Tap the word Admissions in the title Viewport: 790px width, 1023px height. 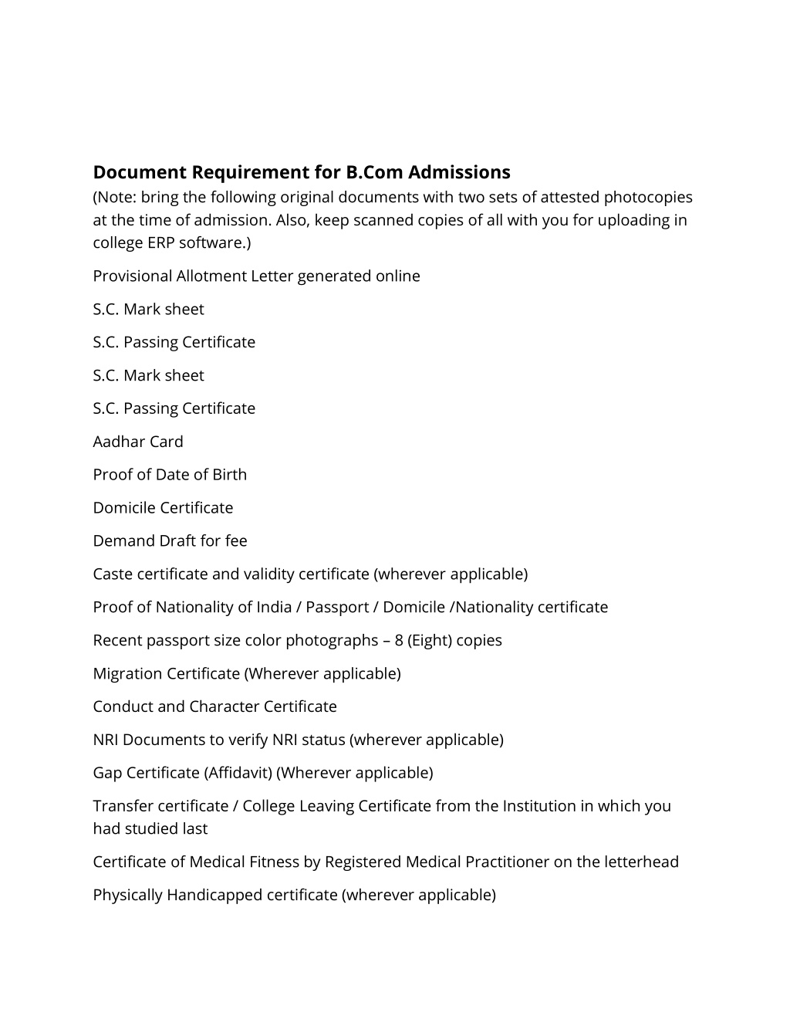coord(459,171)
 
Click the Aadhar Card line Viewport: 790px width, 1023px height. coord(138,442)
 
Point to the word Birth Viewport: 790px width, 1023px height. coord(229,474)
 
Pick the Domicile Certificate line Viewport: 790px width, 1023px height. coord(163,507)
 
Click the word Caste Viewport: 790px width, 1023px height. coord(113,574)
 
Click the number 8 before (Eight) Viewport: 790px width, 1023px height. coord(400,640)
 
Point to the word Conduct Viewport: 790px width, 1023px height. coord(123,706)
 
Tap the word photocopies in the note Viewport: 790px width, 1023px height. coord(648,197)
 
